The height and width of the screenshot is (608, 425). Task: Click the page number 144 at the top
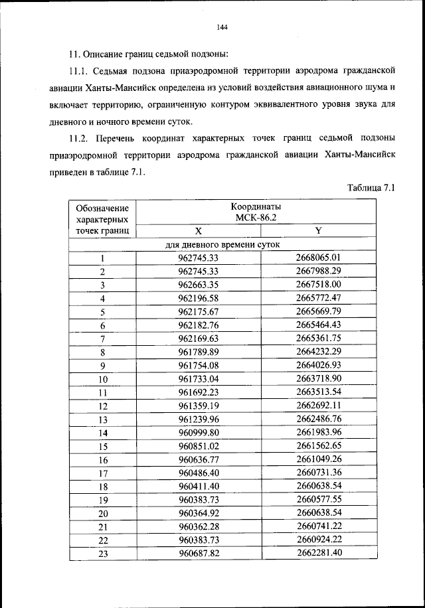[222, 27]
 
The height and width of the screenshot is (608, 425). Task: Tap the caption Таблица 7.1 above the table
[371, 188]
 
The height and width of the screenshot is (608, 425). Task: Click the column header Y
[318, 231]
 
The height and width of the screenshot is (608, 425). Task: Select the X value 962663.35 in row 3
[199, 285]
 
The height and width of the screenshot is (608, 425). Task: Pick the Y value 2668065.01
[318, 258]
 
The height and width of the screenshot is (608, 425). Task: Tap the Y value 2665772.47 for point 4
[318, 298]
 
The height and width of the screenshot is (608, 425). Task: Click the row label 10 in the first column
[103, 380]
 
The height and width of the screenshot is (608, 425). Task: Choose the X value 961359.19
[199, 406]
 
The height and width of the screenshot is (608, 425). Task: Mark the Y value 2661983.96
[318, 433]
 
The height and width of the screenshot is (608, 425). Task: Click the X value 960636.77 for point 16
[199, 459]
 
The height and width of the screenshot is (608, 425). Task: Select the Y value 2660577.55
[318, 500]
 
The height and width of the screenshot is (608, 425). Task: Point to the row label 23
[103, 554]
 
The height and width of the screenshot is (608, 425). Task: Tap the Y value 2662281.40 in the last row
[318, 553]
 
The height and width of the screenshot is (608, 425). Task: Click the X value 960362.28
[199, 526]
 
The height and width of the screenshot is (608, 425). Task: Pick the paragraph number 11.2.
[81, 137]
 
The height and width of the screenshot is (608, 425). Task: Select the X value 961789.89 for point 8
[199, 352]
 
